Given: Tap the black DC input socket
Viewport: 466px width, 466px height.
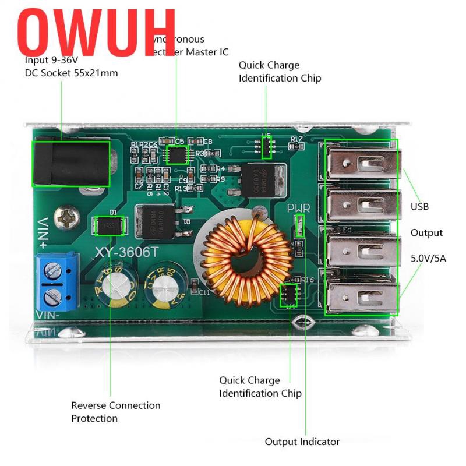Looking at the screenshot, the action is pyautogui.click(x=70, y=164).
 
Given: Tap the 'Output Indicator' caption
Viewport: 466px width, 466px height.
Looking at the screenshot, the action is pyautogui.click(x=302, y=442).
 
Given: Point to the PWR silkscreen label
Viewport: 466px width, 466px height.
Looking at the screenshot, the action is pyautogui.click(x=299, y=209).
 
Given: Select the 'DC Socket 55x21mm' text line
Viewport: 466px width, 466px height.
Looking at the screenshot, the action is pyautogui.click(x=71, y=73).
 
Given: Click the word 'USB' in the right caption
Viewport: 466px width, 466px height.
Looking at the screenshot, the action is pyautogui.click(x=419, y=206).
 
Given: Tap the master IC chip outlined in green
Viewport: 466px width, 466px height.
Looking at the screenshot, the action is pyautogui.click(x=176, y=155).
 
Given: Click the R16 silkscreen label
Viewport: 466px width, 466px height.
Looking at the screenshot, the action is pyautogui.click(x=308, y=280).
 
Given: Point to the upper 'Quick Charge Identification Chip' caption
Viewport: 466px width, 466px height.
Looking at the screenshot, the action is pyautogui.click(x=280, y=72).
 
